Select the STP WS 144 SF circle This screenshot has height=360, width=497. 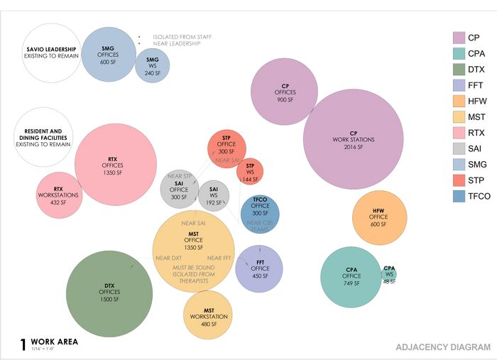point(250,172)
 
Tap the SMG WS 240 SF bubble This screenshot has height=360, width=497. point(152,65)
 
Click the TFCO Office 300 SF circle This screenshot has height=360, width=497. point(260,214)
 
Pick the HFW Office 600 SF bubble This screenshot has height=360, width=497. point(379,217)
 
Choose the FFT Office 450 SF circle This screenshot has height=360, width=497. point(260,268)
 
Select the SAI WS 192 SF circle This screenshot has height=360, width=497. point(214,193)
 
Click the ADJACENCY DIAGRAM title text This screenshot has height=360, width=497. point(442,347)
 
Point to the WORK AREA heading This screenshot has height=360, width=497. point(54,342)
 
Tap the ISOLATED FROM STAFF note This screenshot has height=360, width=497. point(182,37)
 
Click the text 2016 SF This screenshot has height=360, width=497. point(348,147)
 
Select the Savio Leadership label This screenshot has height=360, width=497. point(50,49)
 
